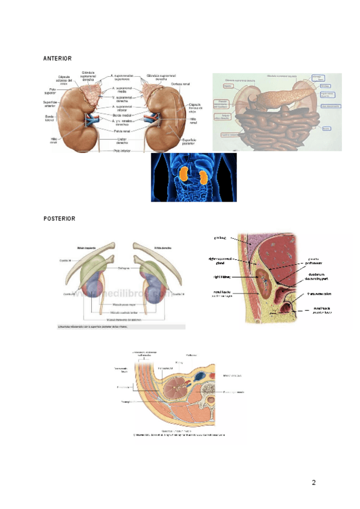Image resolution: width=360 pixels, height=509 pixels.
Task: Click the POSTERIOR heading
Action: (59, 219)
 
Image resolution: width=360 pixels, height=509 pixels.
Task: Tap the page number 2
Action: (313, 483)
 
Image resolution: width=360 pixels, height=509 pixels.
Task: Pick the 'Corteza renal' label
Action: (179, 84)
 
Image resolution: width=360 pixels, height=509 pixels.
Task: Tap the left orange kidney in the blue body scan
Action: (183, 175)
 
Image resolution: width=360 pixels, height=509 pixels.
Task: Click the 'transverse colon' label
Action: (322, 294)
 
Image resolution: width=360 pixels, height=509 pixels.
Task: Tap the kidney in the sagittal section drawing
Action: (263, 282)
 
